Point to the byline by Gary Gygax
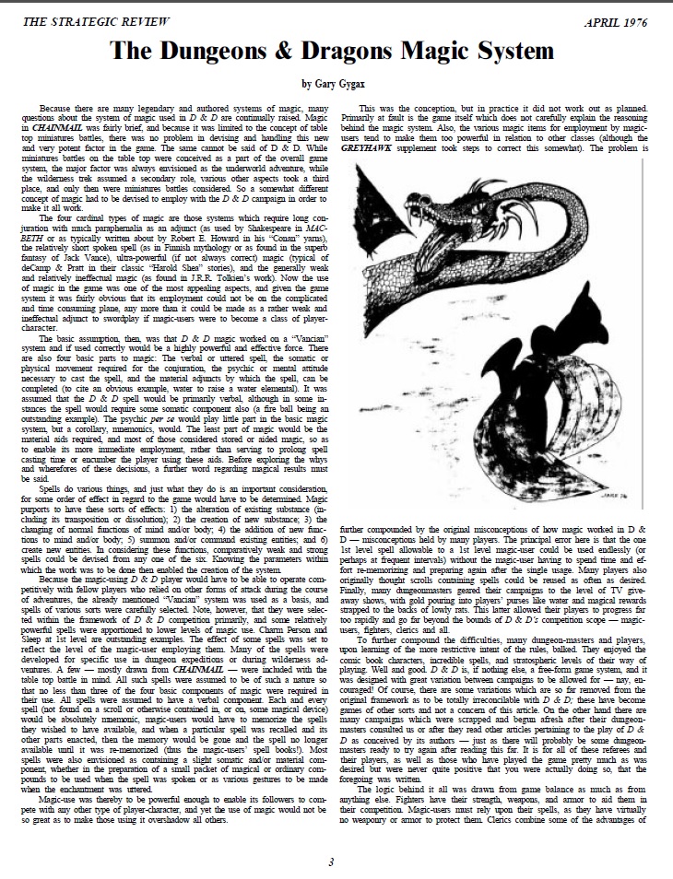click(x=336, y=84)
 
